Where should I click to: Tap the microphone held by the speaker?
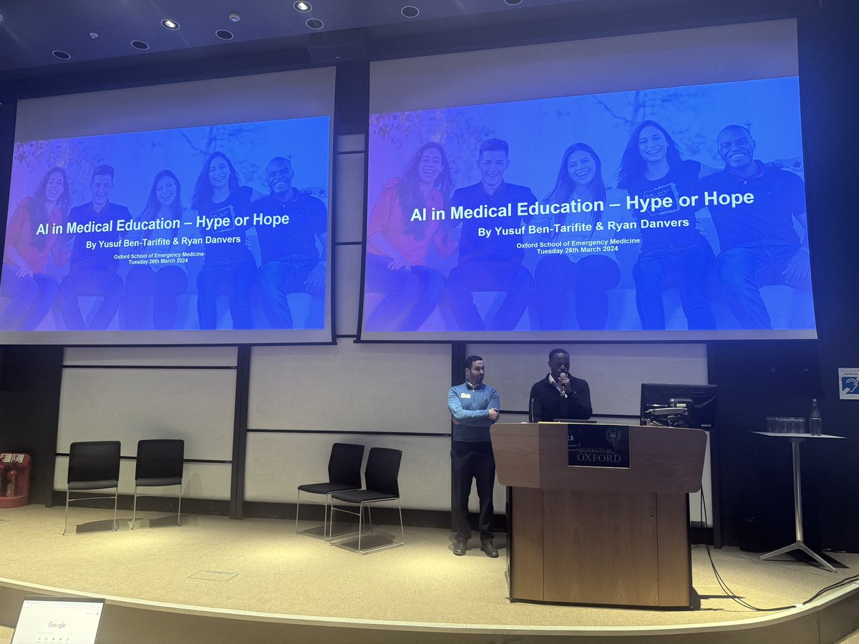coord(563,379)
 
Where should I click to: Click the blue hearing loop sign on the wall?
coord(848,384)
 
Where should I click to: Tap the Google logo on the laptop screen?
coord(57,625)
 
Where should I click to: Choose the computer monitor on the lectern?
coord(677,406)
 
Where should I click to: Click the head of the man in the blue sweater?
coord(474,369)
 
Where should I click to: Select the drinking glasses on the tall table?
coord(785,425)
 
